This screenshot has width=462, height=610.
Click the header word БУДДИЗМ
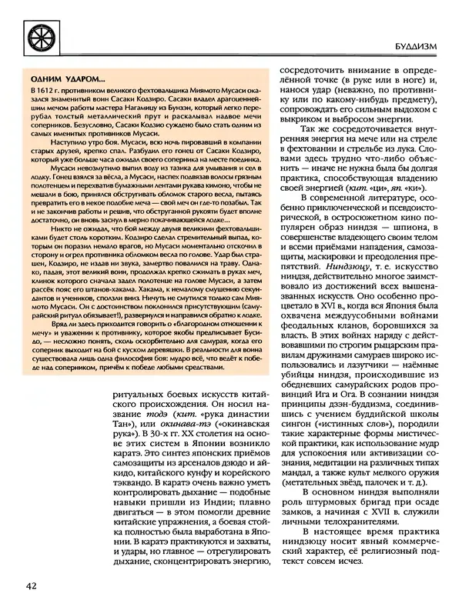421,45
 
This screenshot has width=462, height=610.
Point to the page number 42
32,587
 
